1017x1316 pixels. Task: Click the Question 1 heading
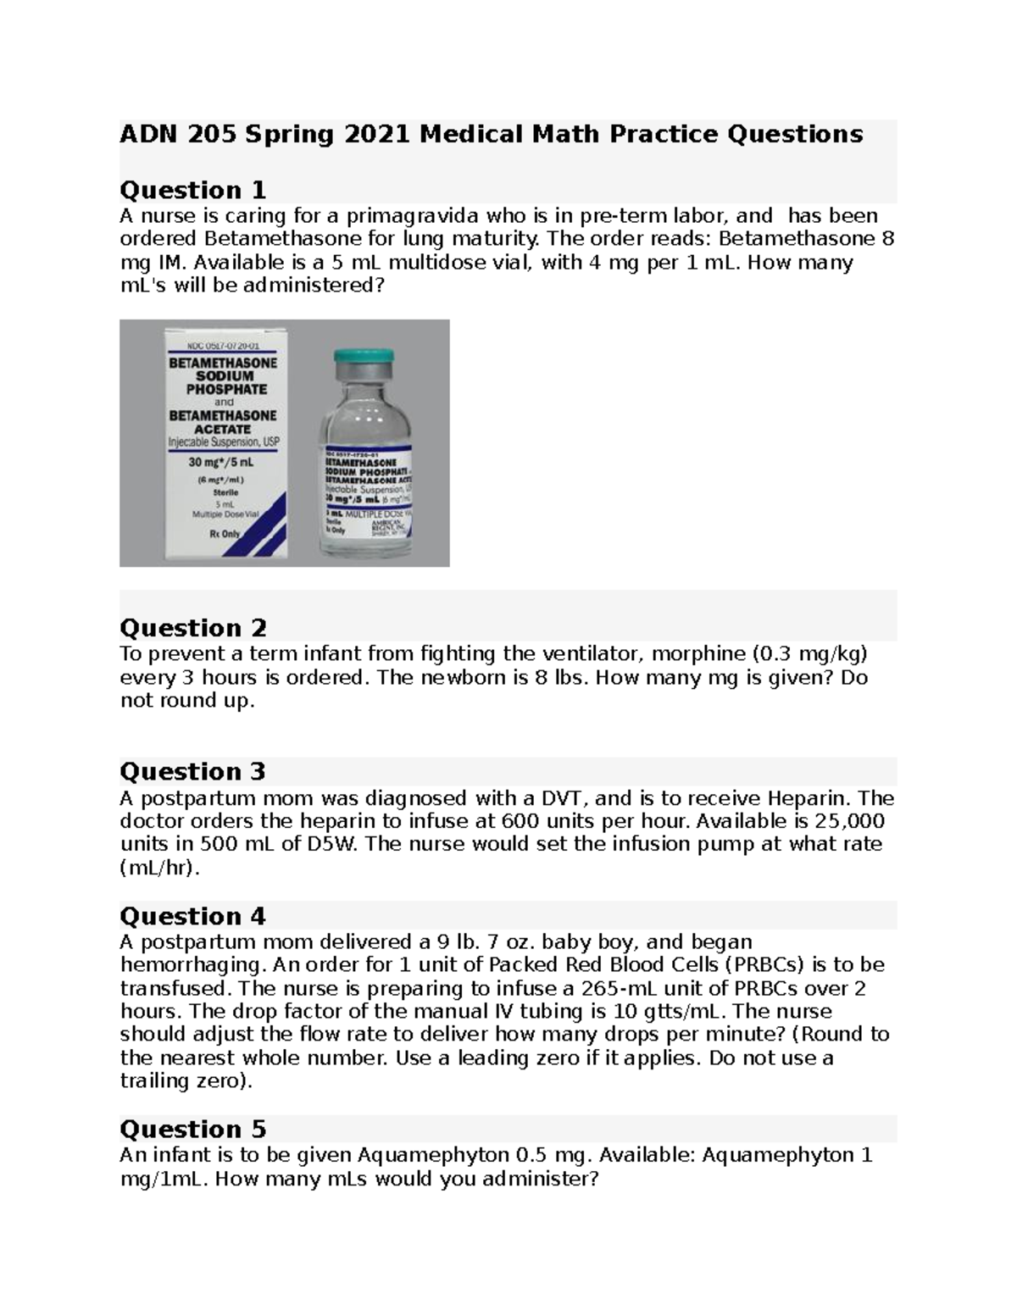click(192, 190)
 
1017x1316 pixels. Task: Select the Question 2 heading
click(192, 628)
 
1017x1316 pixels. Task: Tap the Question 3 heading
click(192, 771)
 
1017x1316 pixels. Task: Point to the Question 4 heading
click(192, 916)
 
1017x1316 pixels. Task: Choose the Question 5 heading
click(192, 1129)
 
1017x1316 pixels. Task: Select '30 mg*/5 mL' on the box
click(223, 464)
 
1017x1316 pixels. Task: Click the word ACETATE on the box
click(223, 429)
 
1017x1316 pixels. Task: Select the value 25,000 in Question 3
click(849, 821)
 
